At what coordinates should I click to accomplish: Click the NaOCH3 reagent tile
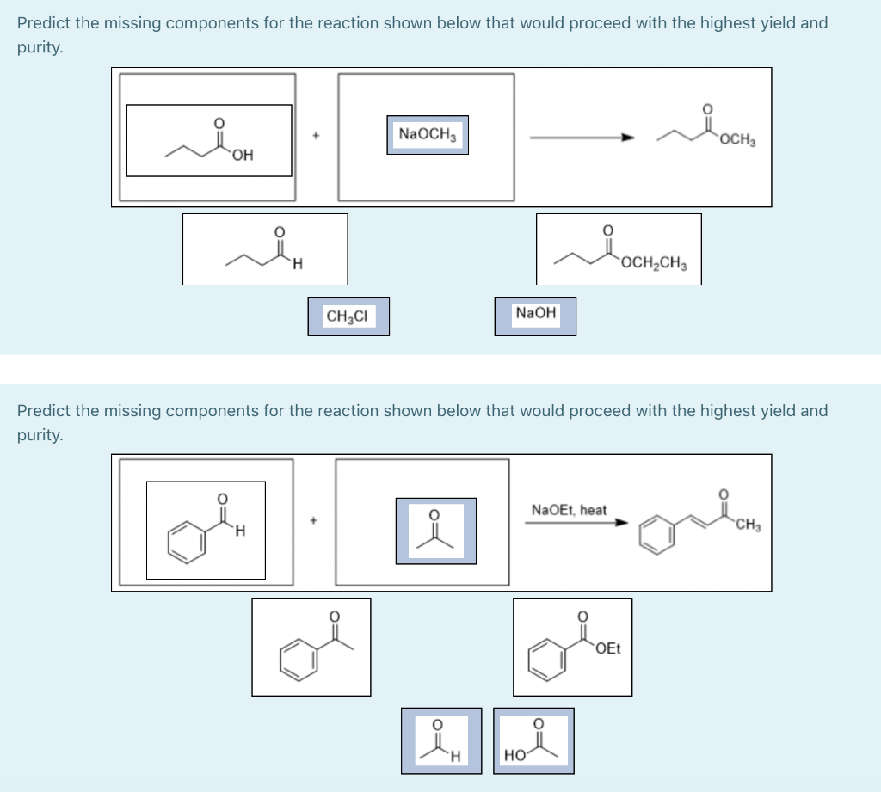[428, 135]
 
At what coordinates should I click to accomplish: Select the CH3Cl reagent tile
[348, 316]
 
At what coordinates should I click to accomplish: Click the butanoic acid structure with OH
[209, 140]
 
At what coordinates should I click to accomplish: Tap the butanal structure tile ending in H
[265, 249]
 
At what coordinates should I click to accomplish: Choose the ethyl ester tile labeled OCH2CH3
[619, 249]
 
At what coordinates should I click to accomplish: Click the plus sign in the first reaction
[316, 136]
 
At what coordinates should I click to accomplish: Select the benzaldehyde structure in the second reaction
[206, 530]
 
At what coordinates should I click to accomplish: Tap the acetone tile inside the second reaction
[435, 531]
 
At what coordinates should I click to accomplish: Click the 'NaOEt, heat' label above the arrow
[569, 510]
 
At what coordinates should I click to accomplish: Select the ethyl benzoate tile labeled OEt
[573, 646]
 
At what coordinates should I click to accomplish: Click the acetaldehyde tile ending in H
[440, 740]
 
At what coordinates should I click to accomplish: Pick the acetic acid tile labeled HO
[533, 740]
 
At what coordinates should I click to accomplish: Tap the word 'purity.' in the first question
[40, 48]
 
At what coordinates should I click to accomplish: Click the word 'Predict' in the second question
[44, 410]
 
